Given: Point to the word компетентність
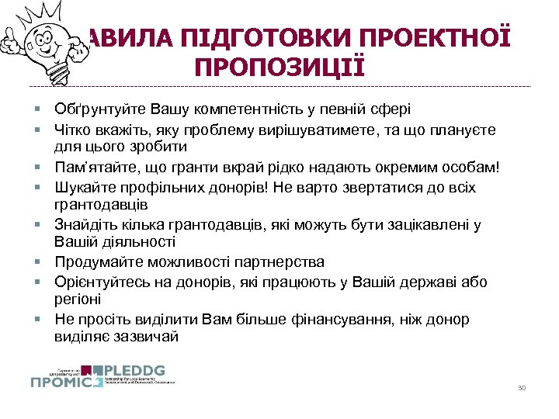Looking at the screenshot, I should point(255,109).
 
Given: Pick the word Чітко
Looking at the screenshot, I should point(73,129).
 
